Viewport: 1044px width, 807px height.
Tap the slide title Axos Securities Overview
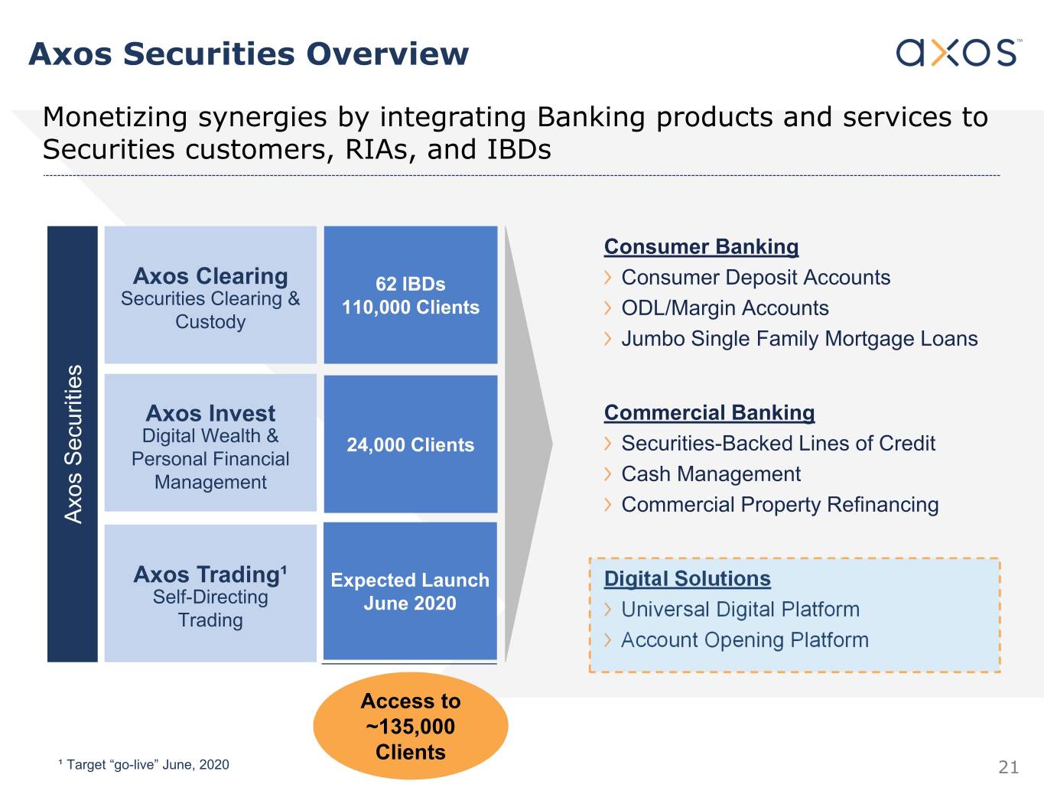(249, 54)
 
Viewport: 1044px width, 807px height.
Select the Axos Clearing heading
(210, 275)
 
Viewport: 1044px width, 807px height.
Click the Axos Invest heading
(210, 413)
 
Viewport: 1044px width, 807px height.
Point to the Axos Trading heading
(210, 574)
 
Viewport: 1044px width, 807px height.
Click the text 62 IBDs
(410, 284)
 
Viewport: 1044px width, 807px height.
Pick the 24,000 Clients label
(410, 445)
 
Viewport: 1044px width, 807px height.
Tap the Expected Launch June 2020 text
(410, 592)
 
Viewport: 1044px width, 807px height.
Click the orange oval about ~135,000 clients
(410, 726)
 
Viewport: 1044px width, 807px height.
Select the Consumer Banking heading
(701, 247)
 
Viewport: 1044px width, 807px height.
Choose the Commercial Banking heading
(709, 412)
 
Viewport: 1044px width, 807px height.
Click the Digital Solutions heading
(687, 578)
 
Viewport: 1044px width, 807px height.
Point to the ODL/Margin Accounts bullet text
(725, 308)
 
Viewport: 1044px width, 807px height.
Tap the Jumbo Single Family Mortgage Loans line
(799, 339)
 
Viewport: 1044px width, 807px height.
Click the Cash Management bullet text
(711, 474)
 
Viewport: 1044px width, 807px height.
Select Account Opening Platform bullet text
(745, 640)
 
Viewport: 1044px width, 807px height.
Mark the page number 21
(1008, 767)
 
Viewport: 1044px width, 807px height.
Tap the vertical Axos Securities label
(73, 444)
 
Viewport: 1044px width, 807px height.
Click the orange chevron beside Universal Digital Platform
(608, 610)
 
